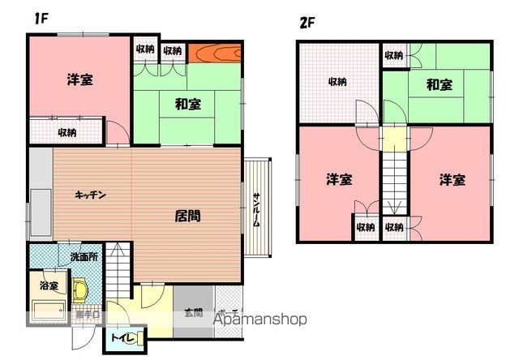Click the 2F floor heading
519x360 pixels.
pos(307,23)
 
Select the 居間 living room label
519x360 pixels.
pos(188,216)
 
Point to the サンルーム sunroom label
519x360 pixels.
pos(256,210)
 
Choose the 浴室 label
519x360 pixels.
pos(48,285)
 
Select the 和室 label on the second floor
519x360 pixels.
pos(439,84)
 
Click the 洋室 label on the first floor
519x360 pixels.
pos(79,79)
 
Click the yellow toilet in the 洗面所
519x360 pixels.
pos(80,289)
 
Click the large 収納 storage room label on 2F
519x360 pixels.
pos(337,82)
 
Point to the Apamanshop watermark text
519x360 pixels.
pos(259,319)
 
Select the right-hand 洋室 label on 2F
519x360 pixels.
pos(453,179)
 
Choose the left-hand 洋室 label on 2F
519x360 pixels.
pos(339,179)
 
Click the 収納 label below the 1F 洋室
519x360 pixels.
pos(66,132)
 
